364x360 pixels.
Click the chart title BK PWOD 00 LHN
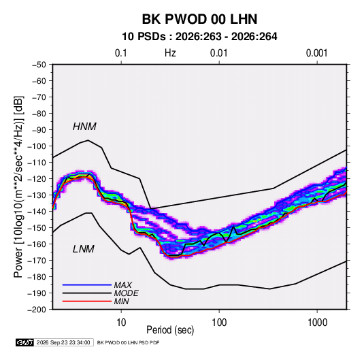pos(199,19)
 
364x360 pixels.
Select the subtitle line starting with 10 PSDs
pos(199,37)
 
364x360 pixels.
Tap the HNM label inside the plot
pos(84,127)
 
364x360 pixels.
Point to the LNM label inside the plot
pos(84,249)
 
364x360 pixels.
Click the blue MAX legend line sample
pos(87,285)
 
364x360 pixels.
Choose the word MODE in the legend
pos(126,293)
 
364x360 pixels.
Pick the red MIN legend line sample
pos(87,301)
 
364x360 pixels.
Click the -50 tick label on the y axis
pos(39,65)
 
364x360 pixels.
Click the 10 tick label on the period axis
pos(121,323)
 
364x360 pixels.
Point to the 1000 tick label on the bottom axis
pos(317,323)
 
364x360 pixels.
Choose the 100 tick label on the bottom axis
pos(219,323)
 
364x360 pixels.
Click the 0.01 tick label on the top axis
pos(218,53)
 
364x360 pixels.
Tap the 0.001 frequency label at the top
pos(316,53)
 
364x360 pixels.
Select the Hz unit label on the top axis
pos(170,53)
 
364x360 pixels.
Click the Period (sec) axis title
pos(170,330)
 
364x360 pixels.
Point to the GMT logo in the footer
pos(24,342)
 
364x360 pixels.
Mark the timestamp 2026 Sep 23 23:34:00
pos(63,342)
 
